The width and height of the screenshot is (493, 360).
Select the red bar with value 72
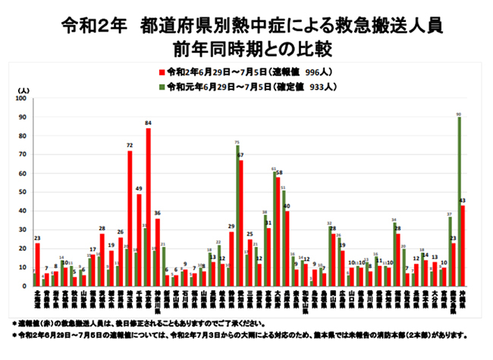point(130,220)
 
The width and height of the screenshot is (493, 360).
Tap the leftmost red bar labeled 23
point(37,265)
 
